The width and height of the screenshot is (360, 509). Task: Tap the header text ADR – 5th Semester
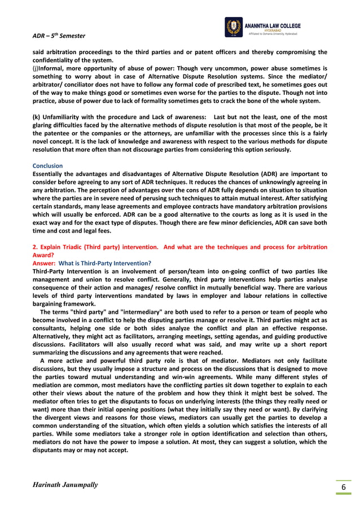(59, 36)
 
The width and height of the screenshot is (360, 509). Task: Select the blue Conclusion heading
(47, 166)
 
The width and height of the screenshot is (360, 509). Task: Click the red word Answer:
(43, 263)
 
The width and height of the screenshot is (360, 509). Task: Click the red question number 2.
(35, 247)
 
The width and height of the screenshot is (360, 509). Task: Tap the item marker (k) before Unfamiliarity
(37, 116)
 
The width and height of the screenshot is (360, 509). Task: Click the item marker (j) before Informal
(35, 68)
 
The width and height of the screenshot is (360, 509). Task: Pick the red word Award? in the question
(44, 254)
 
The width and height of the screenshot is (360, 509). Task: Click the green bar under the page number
(343, 494)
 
